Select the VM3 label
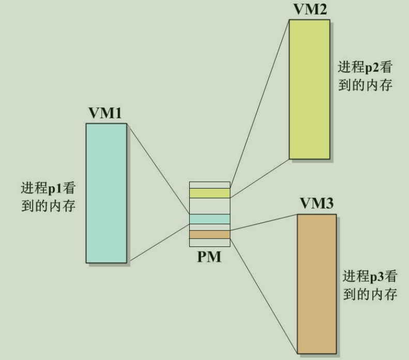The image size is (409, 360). pos(316,204)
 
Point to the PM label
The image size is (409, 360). pos(209,257)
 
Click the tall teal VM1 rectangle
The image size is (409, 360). pos(107,193)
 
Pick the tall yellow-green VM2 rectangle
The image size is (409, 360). pos(309,89)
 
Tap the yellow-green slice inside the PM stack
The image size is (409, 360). pos(209,193)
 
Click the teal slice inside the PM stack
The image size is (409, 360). pos(209,220)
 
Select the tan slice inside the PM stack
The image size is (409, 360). pos(209,234)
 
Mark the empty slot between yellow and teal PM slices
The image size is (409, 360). pos(209,206)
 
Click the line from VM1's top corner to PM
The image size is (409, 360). pos(158,168)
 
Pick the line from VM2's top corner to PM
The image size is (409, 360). pos(260,103)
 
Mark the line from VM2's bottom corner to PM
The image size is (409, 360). pos(260,178)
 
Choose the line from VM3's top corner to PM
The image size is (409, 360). pos(264,222)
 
